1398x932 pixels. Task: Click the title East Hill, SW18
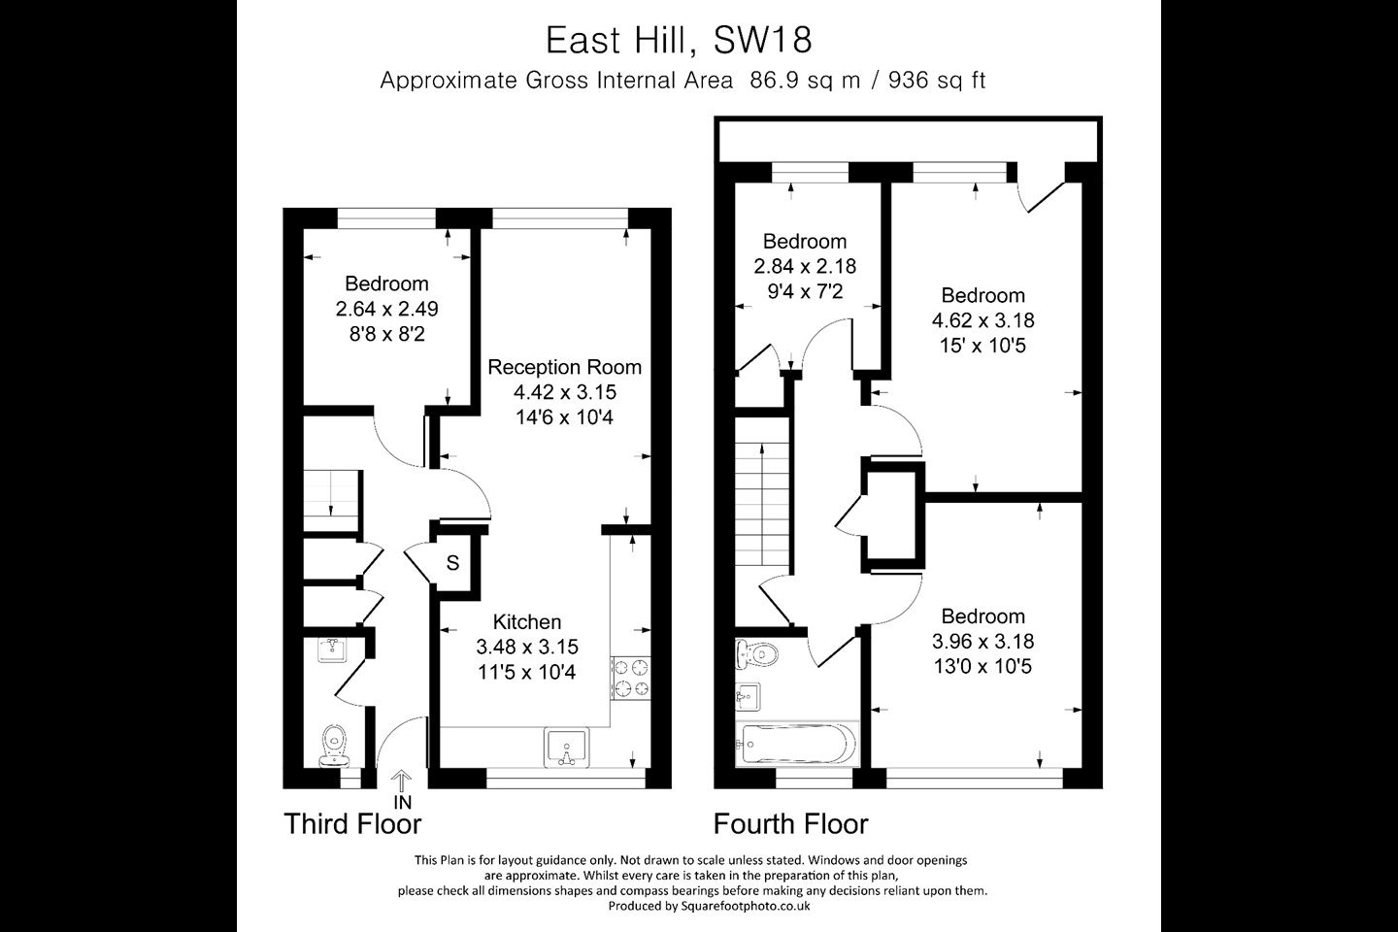(679, 41)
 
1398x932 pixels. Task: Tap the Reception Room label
(564, 367)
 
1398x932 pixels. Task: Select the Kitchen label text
(527, 621)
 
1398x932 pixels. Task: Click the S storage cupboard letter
(452, 563)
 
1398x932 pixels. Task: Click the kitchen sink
(567, 748)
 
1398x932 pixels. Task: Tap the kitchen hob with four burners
(631, 678)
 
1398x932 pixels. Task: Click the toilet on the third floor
(333, 746)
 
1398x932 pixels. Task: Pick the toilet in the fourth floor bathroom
(755, 653)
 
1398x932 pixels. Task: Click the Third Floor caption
(352, 824)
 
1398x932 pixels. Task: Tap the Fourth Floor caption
(790, 824)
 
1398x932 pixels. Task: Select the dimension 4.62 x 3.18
(982, 320)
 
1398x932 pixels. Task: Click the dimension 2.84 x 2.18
(805, 267)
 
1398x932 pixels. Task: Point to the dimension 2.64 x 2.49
(387, 309)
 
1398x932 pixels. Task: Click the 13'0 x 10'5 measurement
(982, 667)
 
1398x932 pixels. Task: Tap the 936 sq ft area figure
(937, 81)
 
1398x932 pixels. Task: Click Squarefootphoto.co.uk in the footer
(746, 906)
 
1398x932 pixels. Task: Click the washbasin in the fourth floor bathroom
(748, 697)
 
